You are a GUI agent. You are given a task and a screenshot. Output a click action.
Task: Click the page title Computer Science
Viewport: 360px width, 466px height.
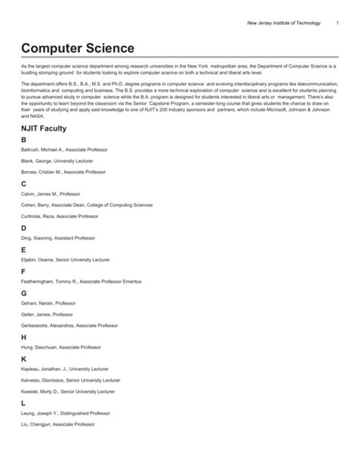[77, 49]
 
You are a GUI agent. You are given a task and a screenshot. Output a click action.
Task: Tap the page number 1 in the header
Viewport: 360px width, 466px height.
[336, 26]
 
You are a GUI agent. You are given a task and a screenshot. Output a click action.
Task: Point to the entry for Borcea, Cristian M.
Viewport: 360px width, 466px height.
[63, 172]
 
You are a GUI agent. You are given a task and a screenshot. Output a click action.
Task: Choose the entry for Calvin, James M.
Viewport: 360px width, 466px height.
[50, 194]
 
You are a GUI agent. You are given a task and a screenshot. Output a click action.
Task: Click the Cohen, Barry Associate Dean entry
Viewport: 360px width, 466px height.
[87, 204]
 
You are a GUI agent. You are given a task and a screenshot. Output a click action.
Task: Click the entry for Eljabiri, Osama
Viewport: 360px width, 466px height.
[65, 260]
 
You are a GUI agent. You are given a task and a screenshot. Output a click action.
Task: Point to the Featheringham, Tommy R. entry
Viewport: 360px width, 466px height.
[81, 282]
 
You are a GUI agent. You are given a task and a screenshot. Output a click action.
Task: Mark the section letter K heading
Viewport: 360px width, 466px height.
[24, 358]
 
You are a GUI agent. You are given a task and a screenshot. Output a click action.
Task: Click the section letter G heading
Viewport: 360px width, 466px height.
[24, 293]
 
